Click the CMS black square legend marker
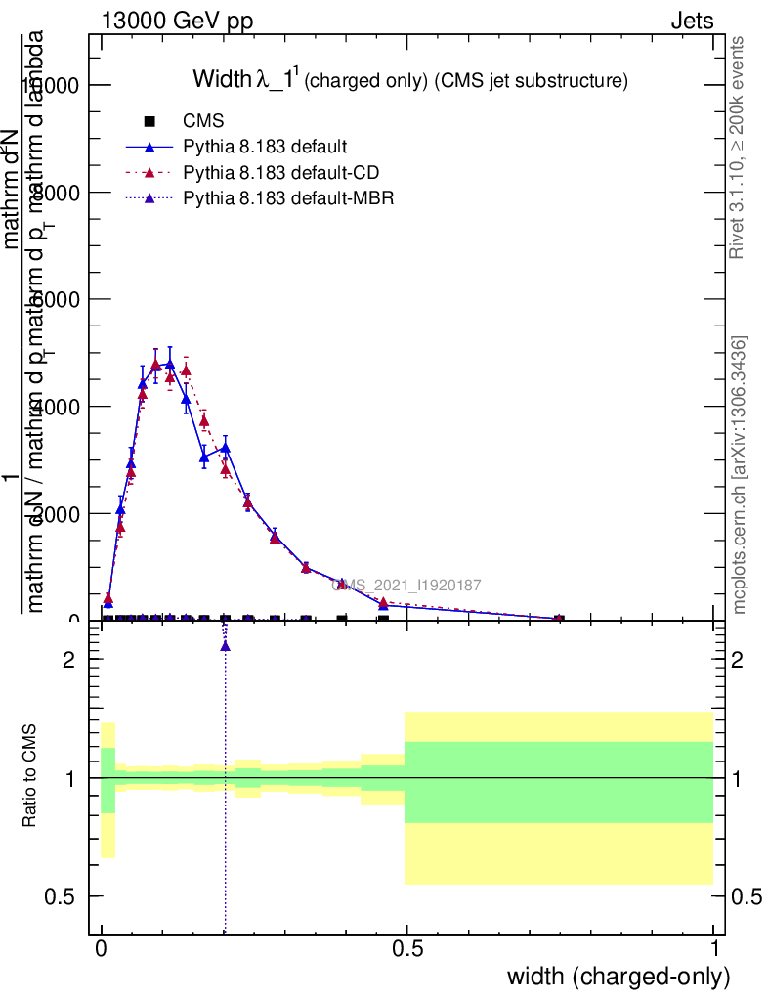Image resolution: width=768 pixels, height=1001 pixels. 149,122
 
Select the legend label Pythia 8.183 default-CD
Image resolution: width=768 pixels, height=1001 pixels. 281,173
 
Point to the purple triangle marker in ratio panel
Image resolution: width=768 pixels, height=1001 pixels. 225,645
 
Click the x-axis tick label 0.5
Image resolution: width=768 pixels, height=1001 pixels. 407,949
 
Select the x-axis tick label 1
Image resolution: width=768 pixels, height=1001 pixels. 714,949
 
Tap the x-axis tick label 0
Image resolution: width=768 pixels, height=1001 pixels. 102,949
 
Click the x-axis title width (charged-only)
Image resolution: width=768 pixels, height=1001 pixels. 619,977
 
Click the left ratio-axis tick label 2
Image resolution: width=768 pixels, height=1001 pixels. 68,660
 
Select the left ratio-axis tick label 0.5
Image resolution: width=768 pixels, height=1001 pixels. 60,896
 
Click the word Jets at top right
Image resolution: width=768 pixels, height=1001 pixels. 692,21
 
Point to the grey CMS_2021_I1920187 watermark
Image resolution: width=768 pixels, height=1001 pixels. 405,586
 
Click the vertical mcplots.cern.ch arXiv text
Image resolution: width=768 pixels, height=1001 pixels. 740,475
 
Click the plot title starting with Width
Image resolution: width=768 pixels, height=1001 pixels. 408,80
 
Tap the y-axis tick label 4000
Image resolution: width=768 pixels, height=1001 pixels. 59,407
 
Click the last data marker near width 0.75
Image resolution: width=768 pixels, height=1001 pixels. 559,618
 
